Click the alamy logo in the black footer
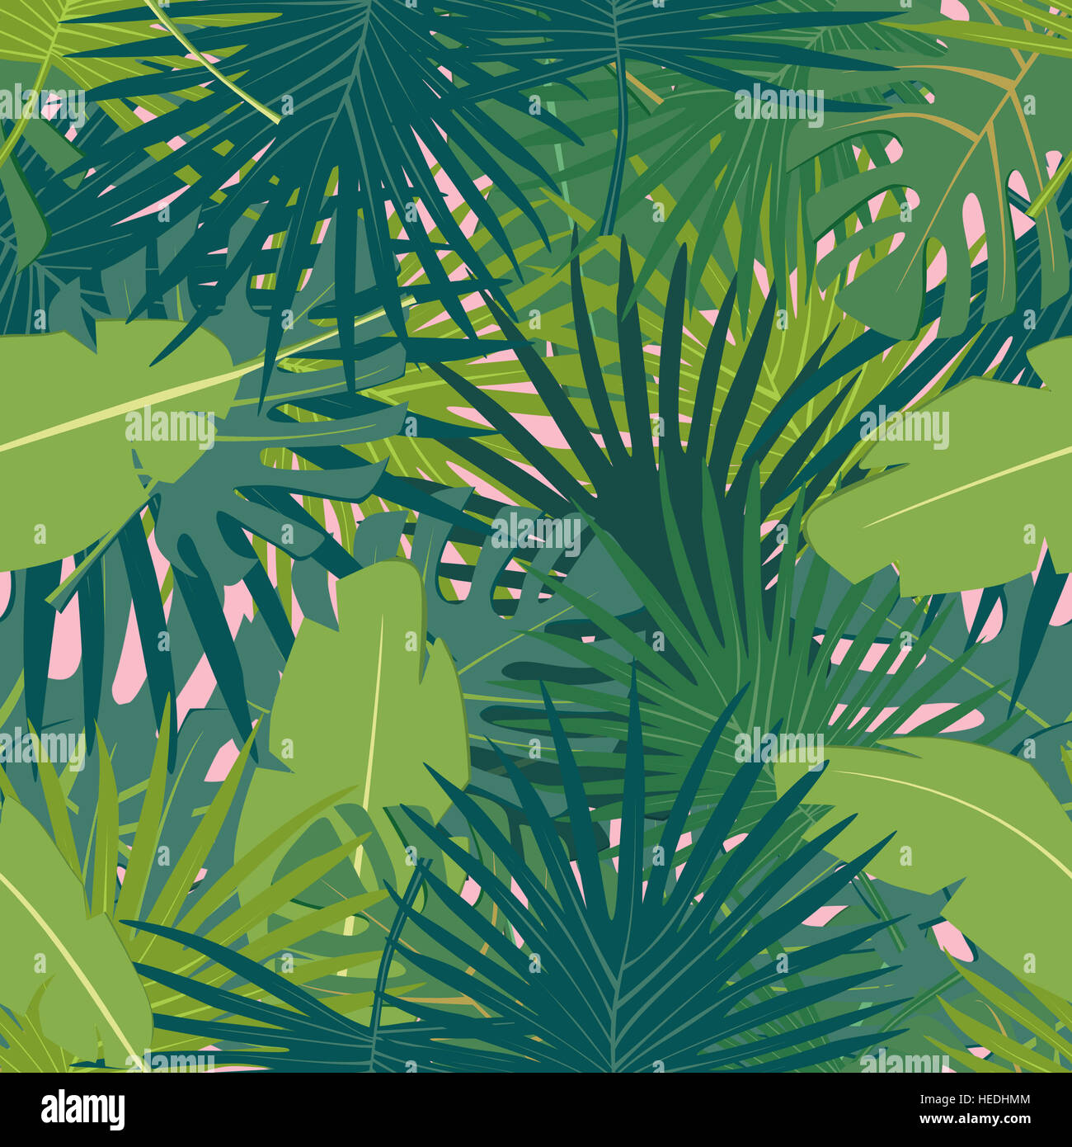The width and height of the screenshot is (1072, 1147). coord(82,1109)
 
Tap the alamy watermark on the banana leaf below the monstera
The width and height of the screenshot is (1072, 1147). coord(904,428)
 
